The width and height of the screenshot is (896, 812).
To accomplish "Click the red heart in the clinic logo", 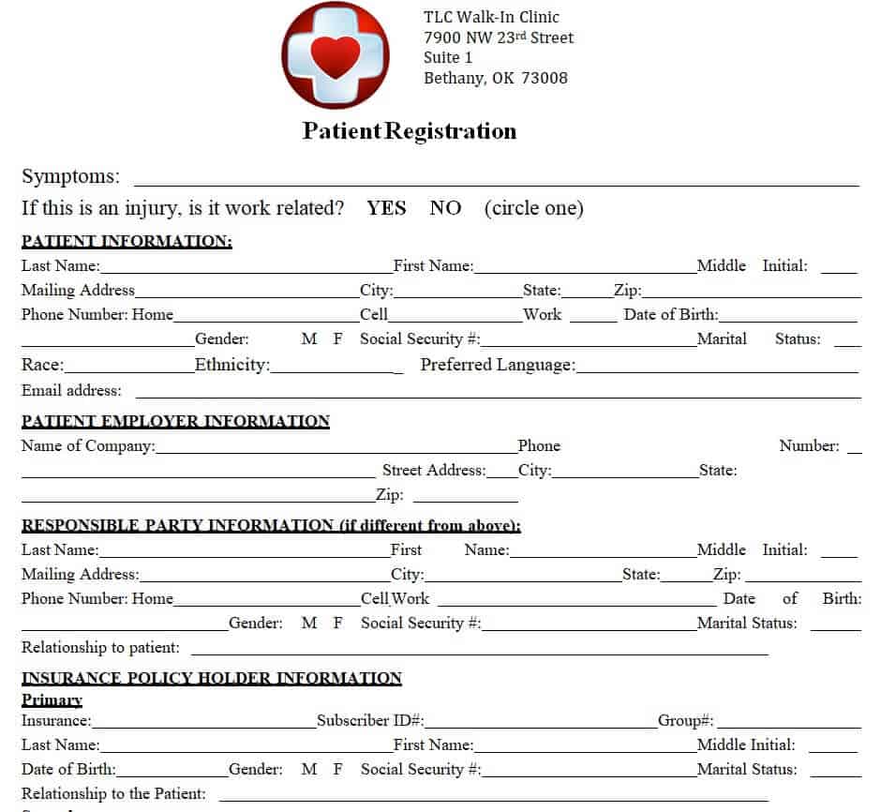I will pos(335,55).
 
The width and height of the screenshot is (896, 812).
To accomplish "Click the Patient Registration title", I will pos(409,131).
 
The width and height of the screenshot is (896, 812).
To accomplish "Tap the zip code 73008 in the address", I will pos(544,78).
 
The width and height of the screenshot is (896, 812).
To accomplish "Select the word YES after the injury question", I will pos(386,208).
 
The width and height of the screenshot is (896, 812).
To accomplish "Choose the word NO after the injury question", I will pos(445,208).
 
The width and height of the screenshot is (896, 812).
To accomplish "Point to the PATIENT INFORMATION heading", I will pos(127,241).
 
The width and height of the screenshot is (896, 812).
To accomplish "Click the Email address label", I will pos(71,390).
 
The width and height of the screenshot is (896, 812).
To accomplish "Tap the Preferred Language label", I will pos(498,365).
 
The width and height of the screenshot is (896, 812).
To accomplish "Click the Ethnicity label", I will pos(231,365).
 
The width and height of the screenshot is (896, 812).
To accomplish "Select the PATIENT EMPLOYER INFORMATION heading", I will pos(175,421).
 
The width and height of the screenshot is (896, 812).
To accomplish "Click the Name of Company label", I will pos(88,446).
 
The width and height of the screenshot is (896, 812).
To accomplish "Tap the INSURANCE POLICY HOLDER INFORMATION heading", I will pos(211,678).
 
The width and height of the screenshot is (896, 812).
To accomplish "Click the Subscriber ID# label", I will pos(370,721).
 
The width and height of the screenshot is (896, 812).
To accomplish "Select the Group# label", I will pos(686,721).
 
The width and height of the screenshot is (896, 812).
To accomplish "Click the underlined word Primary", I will pos(52,699).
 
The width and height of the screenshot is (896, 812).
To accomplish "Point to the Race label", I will pos(43,365).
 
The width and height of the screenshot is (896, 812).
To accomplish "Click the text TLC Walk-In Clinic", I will pos(491,17).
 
